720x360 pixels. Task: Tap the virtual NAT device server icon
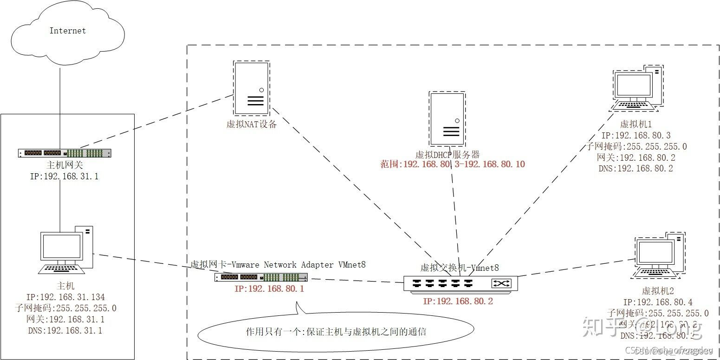click(x=251, y=89)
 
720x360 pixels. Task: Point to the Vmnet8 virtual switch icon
click(x=460, y=283)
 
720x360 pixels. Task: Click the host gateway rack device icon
click(x=65, y=153)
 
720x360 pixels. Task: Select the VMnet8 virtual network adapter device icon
click(x=261, y=277)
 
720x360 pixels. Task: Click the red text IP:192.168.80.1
click(x=264, y=288)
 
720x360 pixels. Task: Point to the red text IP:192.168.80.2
click(x=458, y=301)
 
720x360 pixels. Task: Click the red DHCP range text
click(x=453, y=164)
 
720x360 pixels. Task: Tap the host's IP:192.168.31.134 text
click(x=66, y=297)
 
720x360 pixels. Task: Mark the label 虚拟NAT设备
click(x=251, y=124)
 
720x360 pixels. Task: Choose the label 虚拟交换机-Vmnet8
click(x=459, y=267)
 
